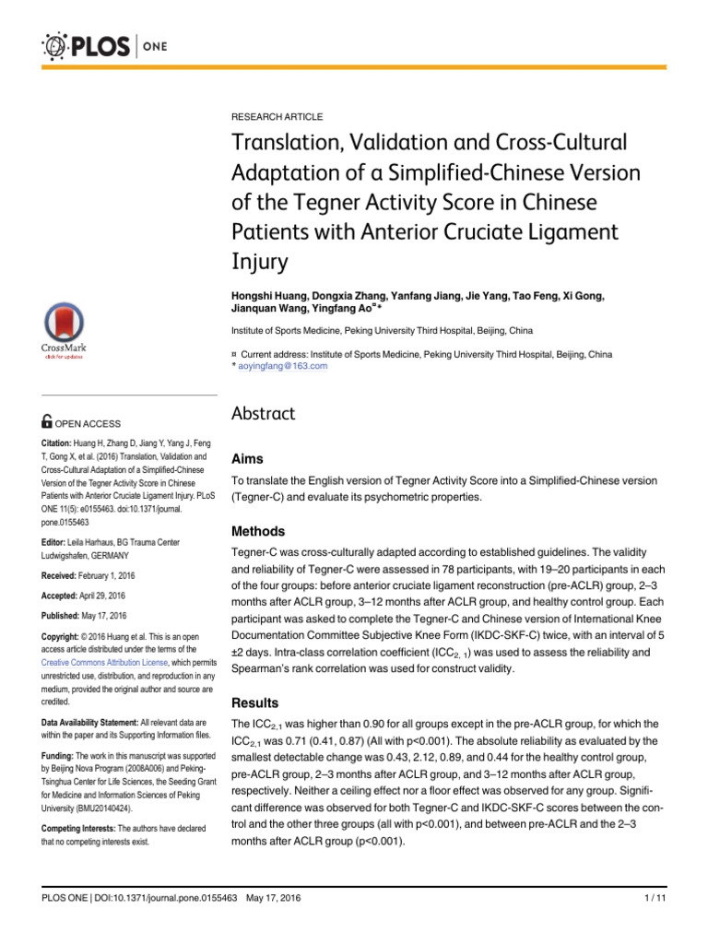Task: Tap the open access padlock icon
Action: pyautogui.click(x=48, y=422)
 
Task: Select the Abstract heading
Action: pyautogui.click(x=263, y=414)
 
